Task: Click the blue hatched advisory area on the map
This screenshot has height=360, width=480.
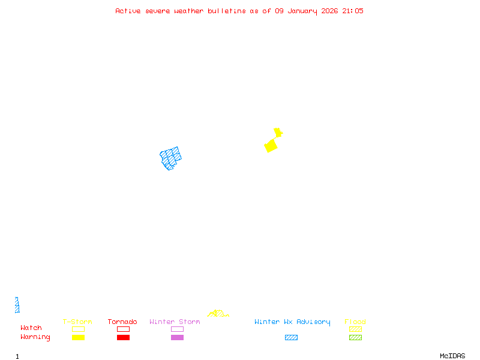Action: click(x=171, y=158)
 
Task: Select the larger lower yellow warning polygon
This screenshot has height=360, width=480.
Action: click(x=271, y=146)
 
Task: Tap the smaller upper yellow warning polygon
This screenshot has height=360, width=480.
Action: click(x=278, y=132)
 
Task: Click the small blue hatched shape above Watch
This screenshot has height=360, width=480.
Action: click(x=17, y=305)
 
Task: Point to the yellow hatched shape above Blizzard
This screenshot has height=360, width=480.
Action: click(x=217, y=314)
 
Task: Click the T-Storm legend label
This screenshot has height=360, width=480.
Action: click(x=77, y=322)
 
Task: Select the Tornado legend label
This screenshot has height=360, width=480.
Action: click(x=122, y=322)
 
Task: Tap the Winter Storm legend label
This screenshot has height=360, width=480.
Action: click(x=175, y=322)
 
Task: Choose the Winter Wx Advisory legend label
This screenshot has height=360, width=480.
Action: click(x=292, y=322)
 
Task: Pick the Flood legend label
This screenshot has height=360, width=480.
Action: click(x=355, y=322)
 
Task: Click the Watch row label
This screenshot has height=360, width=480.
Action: click(x=31, y=328)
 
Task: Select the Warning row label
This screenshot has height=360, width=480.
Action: click(x=35, y=337)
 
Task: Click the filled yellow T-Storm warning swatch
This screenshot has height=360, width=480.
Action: click(x=78, y=338)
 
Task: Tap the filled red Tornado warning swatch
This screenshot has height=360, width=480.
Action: click(x=123, y=338)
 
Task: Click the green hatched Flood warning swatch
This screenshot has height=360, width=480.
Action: click(x=355, y=338)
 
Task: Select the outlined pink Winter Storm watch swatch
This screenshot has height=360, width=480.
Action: click(x=177, y=329)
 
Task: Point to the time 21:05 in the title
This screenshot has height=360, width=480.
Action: click(x=353, y=11)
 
